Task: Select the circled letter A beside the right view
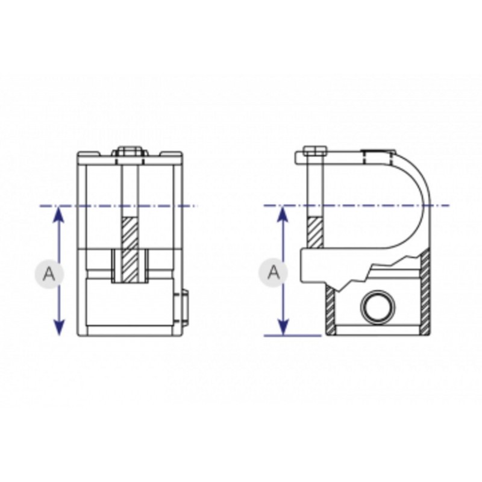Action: (x=272, y=272)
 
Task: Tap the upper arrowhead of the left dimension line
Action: (x=58, y=213)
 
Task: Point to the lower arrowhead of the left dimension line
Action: (x=58, y=327)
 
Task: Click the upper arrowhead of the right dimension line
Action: (x=281, y=213)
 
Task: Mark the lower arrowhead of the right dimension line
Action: (x=281, y=327)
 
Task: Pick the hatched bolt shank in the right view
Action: (x=315, y=232)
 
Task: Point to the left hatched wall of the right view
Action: (x=330, y=310)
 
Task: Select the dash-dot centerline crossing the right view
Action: (x=361, y=206)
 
